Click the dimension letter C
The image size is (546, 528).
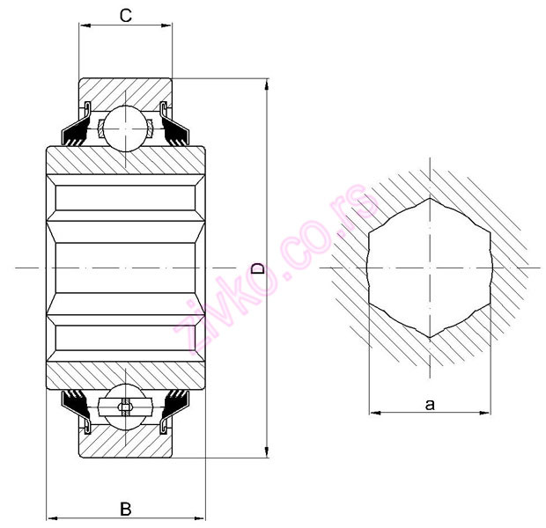point(126,15)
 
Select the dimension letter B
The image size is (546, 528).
point(126,508)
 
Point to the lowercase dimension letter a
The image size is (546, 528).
point(430,404)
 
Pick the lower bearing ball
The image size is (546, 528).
point(126,407)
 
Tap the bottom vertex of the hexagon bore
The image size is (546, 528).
point(430,337)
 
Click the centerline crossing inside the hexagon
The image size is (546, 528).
point(430,267)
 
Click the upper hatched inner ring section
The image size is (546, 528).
point(126,161)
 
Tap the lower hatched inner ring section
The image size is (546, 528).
point(126,374)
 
